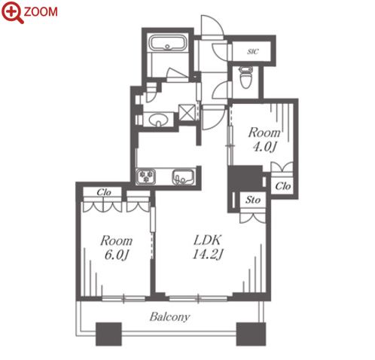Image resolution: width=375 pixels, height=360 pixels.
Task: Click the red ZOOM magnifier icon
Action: (12, 11)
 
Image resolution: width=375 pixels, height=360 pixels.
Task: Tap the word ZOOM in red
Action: (41, 12)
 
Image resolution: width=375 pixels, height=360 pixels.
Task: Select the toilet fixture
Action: (245, 77)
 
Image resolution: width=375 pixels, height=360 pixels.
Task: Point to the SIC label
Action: (253, 51)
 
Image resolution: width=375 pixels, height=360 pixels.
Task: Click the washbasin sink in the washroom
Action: (157, 120)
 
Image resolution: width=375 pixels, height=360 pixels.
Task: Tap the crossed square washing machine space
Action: (187, 112)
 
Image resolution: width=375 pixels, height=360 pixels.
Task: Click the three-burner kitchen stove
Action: (145, 176)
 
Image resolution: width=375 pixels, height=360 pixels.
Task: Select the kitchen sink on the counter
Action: (184, 177)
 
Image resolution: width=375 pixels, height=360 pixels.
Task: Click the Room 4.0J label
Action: (264, 139)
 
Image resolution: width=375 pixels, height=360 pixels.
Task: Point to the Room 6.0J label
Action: (116, 248)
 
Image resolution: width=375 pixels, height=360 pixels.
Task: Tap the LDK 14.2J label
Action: (208, 247)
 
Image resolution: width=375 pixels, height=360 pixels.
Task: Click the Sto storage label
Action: (253, 200)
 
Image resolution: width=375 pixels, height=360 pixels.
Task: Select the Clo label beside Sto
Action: (283, 186)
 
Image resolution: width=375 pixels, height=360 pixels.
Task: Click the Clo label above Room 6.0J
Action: (104, 192)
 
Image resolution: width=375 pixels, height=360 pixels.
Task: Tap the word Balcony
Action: (169, 317)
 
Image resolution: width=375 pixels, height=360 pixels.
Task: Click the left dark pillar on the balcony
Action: (108, 334)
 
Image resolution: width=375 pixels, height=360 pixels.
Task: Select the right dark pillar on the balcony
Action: (251, 334)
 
